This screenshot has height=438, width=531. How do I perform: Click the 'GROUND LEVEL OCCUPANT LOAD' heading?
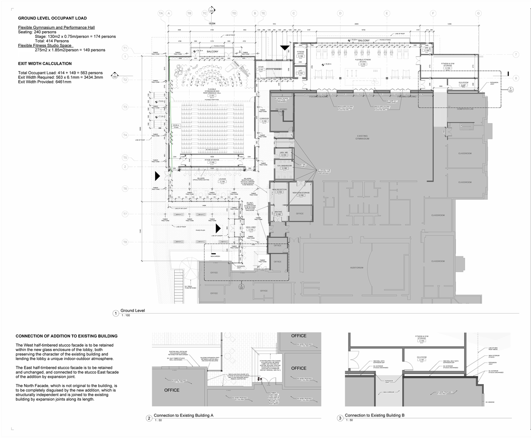pos(52,18)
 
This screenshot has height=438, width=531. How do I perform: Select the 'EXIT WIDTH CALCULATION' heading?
pos(45,64)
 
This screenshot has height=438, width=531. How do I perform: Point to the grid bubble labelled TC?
pos(205,14)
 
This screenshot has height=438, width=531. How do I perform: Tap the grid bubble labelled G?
pos(478,14)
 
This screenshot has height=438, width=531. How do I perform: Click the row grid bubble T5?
pos(125,158)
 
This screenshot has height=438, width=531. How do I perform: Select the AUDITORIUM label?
pos(356,268)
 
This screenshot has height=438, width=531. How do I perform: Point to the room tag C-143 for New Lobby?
pos(251,230)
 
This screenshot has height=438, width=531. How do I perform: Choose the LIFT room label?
pos(300,71)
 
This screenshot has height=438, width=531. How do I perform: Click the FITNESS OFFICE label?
pos(300,53)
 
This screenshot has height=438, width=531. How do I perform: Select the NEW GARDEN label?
pos(215,256)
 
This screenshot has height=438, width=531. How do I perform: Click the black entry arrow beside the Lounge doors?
pos(157,176)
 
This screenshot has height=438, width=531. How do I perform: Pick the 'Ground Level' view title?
pos(133,311)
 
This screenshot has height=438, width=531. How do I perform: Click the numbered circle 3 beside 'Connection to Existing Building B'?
pos(340,418)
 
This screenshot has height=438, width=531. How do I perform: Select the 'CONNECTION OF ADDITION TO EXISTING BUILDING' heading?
pos(66,336)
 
